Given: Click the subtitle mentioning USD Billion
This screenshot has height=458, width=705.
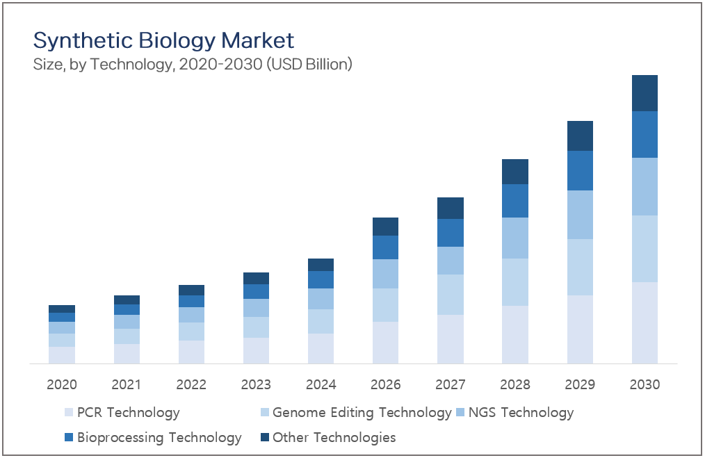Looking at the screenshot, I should [193, 65].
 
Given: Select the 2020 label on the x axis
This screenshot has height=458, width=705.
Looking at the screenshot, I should [62, 384].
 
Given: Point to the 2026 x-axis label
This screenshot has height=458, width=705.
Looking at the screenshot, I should [385, 384].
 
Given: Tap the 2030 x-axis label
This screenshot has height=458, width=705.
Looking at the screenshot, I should [645, 384].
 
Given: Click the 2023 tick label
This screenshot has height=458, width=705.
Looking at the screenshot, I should [256, 384].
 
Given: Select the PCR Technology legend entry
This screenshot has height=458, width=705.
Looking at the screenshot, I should [122, 413].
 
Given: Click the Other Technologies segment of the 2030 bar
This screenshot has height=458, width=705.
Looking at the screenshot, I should [645, 93].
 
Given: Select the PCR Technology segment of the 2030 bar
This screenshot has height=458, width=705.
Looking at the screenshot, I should [645, 322].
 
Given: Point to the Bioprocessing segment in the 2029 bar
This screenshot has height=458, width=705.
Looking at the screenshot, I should [580, 171].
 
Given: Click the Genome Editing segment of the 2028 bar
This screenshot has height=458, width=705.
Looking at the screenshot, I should [514, 282].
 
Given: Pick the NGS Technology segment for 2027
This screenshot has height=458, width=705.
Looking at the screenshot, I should [450, 261].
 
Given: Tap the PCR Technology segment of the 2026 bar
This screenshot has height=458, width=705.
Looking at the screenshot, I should [385, 343].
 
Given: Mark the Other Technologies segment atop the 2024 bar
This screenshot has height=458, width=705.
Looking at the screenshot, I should [321, 265].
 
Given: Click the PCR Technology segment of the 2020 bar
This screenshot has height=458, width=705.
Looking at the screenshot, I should [62, 355].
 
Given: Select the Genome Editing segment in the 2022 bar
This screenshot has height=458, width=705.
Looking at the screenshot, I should [191, 332].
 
